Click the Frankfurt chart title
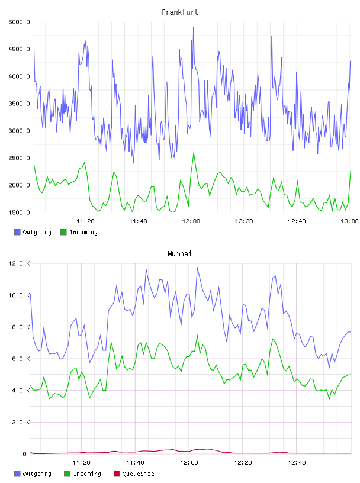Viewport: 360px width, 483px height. click(x=180, y=12)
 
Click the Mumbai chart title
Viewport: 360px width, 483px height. click(x=179, y=254)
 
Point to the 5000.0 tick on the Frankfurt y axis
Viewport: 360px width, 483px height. click(x=19, y=22)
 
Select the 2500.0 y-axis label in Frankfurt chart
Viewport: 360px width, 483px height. click(x=19, y=158)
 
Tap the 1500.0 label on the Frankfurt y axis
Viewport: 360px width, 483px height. click(x=19, y=212)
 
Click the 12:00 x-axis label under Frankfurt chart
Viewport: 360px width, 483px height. click(x=191, y=221)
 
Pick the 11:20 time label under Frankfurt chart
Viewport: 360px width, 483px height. click(x=85, y=221)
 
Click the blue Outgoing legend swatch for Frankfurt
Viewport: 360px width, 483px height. click(x=17, y=232)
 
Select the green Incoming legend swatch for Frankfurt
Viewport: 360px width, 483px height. click(x=63, y=232)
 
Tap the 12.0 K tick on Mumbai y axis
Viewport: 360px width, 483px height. click(x=19, y=263)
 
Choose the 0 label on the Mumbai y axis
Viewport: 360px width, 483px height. click(x=25, y=454)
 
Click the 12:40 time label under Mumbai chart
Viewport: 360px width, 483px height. click(x=297, y=463)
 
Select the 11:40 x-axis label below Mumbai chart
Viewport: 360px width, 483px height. click(x=135, y=463)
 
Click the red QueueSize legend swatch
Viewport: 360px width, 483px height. click(x=117, y=474)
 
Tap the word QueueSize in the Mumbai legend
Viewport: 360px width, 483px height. click(x=139, y=474)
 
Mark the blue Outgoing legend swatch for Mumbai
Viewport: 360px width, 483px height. click(x=17, y=474)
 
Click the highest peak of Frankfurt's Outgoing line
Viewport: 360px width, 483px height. click(x=194, y=27)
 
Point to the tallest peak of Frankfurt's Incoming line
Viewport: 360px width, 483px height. click(x=194, y=152)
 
